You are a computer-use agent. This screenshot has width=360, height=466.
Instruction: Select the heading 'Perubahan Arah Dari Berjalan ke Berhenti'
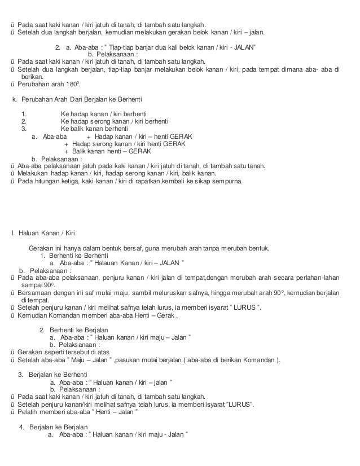(x=76, y=100)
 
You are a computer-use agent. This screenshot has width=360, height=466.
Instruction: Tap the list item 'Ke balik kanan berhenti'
(x=94, y=129)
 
